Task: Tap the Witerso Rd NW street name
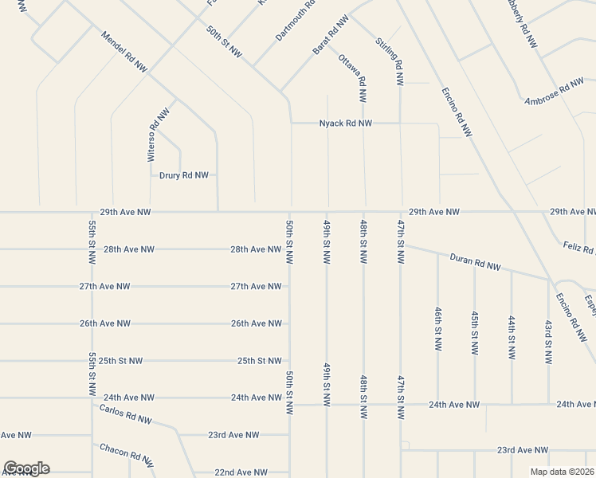point(158,135)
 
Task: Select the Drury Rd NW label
point(184,175)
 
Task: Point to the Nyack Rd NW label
point(346,123)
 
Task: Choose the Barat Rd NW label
point(331,34)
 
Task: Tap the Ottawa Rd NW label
point(353,78)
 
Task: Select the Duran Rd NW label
point(475,263)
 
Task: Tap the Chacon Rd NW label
point(126,454)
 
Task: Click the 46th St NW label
point(437,328)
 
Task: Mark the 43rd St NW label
point(548,343)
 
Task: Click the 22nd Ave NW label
point(240,472)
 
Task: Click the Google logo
point(27,468)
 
